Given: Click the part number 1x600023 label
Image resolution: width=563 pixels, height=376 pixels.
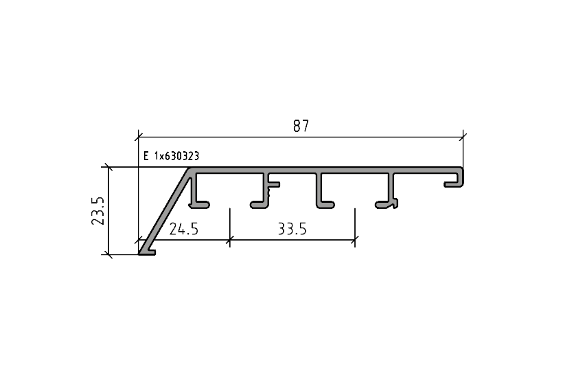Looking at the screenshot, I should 172,157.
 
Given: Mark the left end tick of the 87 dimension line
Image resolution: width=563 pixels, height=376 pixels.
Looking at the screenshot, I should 139,135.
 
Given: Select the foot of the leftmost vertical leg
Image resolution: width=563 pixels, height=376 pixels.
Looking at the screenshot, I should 202,204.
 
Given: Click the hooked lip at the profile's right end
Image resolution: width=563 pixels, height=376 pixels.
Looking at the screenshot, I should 457,181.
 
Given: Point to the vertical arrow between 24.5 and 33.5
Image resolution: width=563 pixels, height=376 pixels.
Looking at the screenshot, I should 229,230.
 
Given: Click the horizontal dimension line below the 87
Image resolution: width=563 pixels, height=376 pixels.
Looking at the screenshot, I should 300,136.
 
